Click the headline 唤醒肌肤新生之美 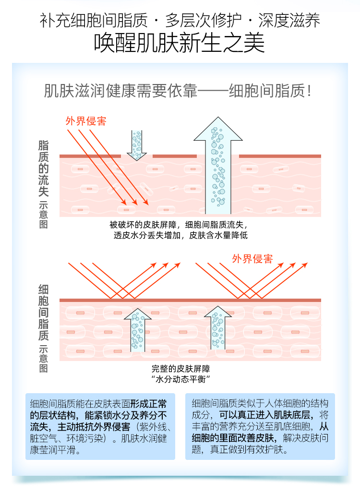[x=180, y=43]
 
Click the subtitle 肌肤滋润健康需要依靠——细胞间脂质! [x=180, y=91]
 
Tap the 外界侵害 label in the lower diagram [x=252, y=259]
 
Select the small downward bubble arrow [x=137, y=144]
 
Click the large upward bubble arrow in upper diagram [x=218, y=166]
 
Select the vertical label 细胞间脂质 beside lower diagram [x=44, y=312]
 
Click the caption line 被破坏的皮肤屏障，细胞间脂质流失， [x=180, y=225]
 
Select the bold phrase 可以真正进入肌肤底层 [x=267, y=414]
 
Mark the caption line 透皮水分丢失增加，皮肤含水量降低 [x=180, y=235]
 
